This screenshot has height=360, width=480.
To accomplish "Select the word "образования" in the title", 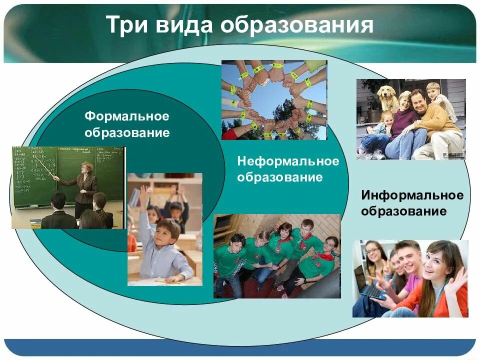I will tap(297, 25).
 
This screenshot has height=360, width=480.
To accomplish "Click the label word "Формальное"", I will tap(127, 116).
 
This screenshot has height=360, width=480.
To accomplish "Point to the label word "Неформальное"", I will tap(288, 161).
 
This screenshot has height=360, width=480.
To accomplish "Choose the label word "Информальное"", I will tap(412, 194).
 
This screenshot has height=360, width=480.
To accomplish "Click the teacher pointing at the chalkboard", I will tap(85, 185).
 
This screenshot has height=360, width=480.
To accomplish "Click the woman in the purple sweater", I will tap(404, 122).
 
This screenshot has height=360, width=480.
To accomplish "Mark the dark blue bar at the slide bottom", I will tap(240, 347).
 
